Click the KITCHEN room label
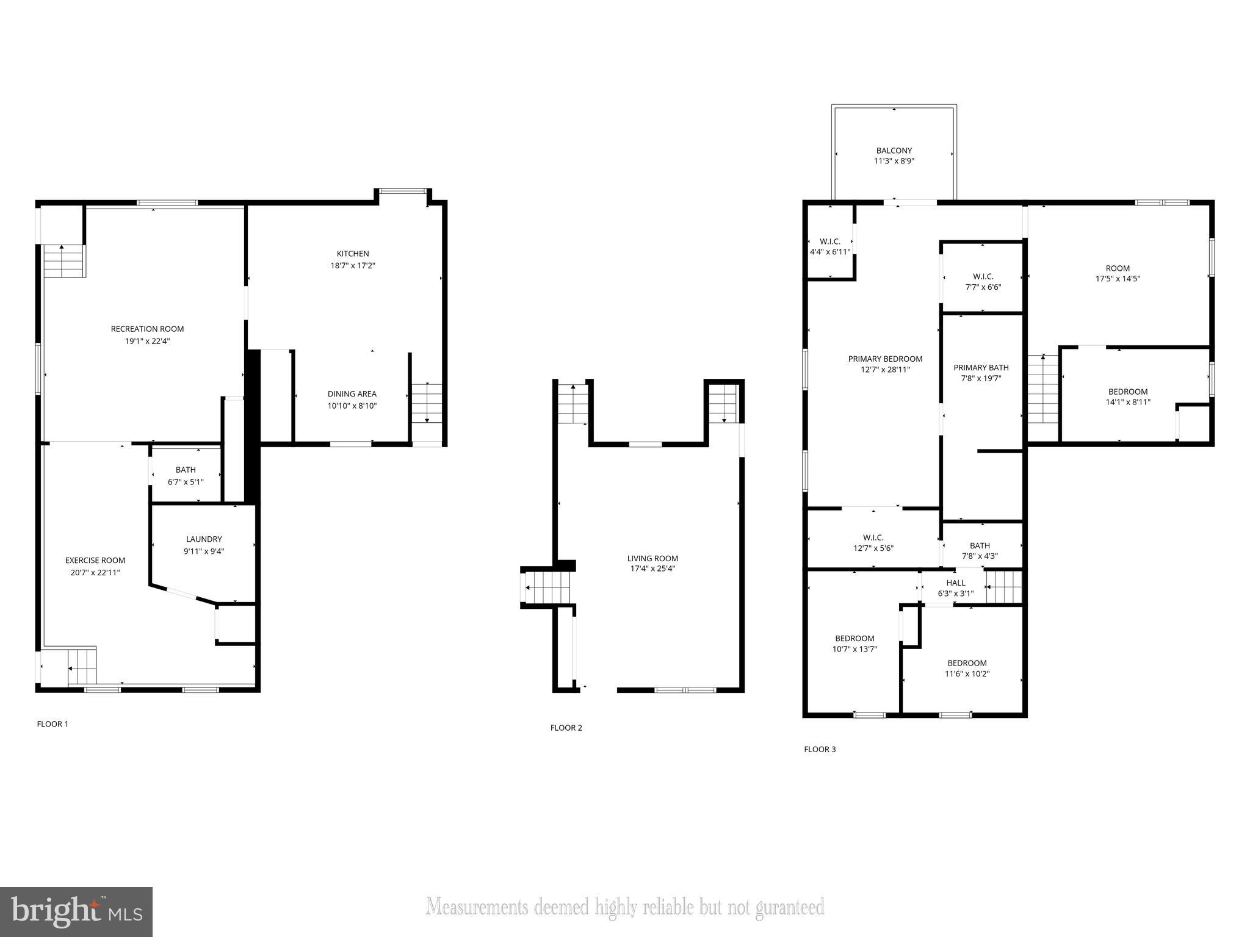(353, 254)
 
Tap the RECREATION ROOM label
(147, 329)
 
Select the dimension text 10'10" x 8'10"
(352, 406)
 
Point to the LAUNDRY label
(204, 539)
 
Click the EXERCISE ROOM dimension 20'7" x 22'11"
(95, 572)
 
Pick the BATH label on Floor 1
(186, 470)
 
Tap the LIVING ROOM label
(652, 558)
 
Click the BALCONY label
(894, 151)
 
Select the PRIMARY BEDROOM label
(885, 359)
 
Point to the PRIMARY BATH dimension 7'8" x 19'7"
(981, 378)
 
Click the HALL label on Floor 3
(955, 583)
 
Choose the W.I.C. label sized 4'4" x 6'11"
(829, 242)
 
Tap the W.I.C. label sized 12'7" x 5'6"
(873, 537)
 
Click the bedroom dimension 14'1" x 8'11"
(1127, 402)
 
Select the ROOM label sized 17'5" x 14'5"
(1118, 268)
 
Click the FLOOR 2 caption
(566, 728)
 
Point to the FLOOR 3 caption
(819, 749)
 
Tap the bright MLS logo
(76, 911)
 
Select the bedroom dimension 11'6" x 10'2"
(967, 674)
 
